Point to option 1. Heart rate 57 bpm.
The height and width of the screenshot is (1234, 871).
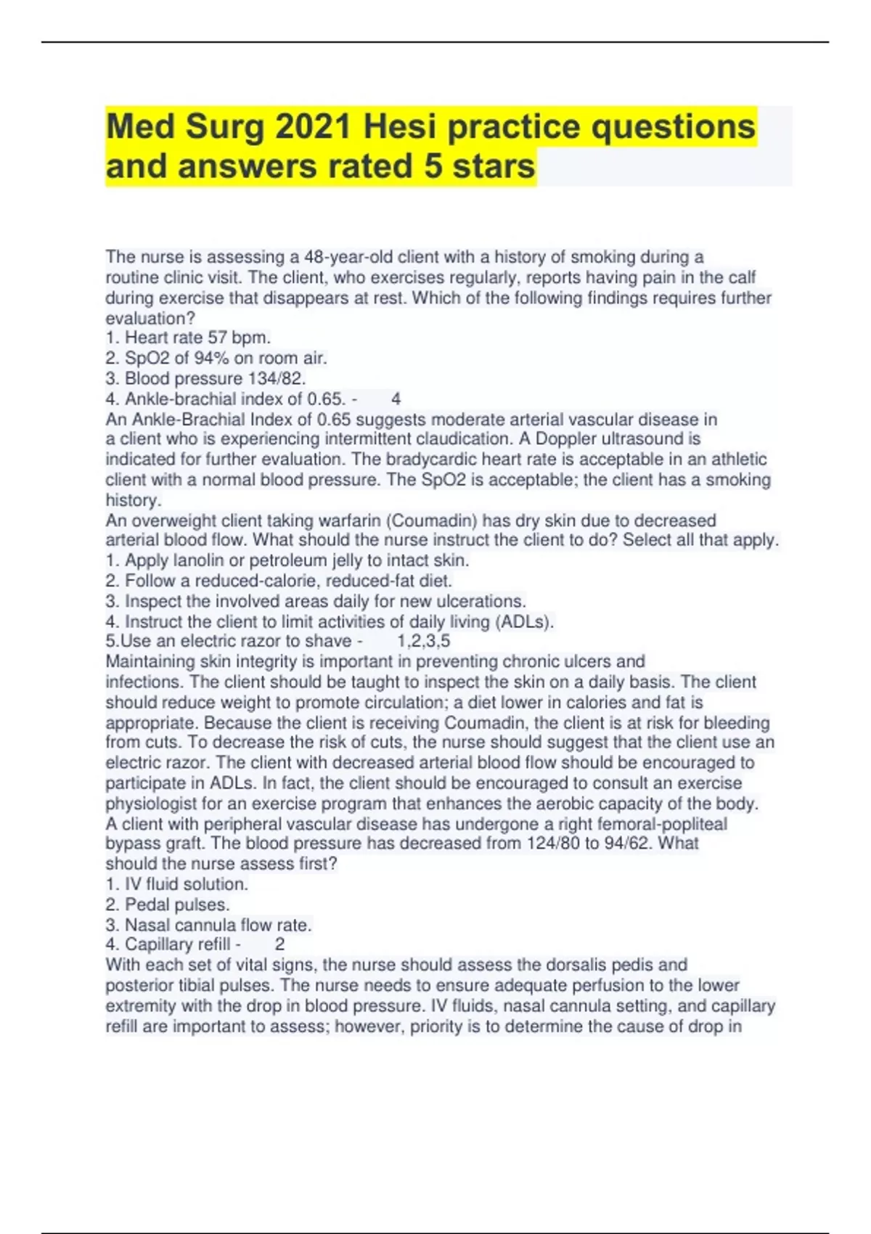[188, 338]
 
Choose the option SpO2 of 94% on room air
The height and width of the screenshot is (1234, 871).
[216, 358]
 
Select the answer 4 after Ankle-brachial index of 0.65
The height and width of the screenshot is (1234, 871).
[396, 399]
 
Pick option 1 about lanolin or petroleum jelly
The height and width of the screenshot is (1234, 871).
[287, 560]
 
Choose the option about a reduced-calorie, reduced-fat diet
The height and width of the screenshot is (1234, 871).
[279, 581]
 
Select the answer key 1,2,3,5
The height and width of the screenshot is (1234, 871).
[424, 641]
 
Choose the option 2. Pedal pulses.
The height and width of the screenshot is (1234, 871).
[168, 904]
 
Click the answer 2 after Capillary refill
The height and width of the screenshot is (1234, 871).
[280, 944]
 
